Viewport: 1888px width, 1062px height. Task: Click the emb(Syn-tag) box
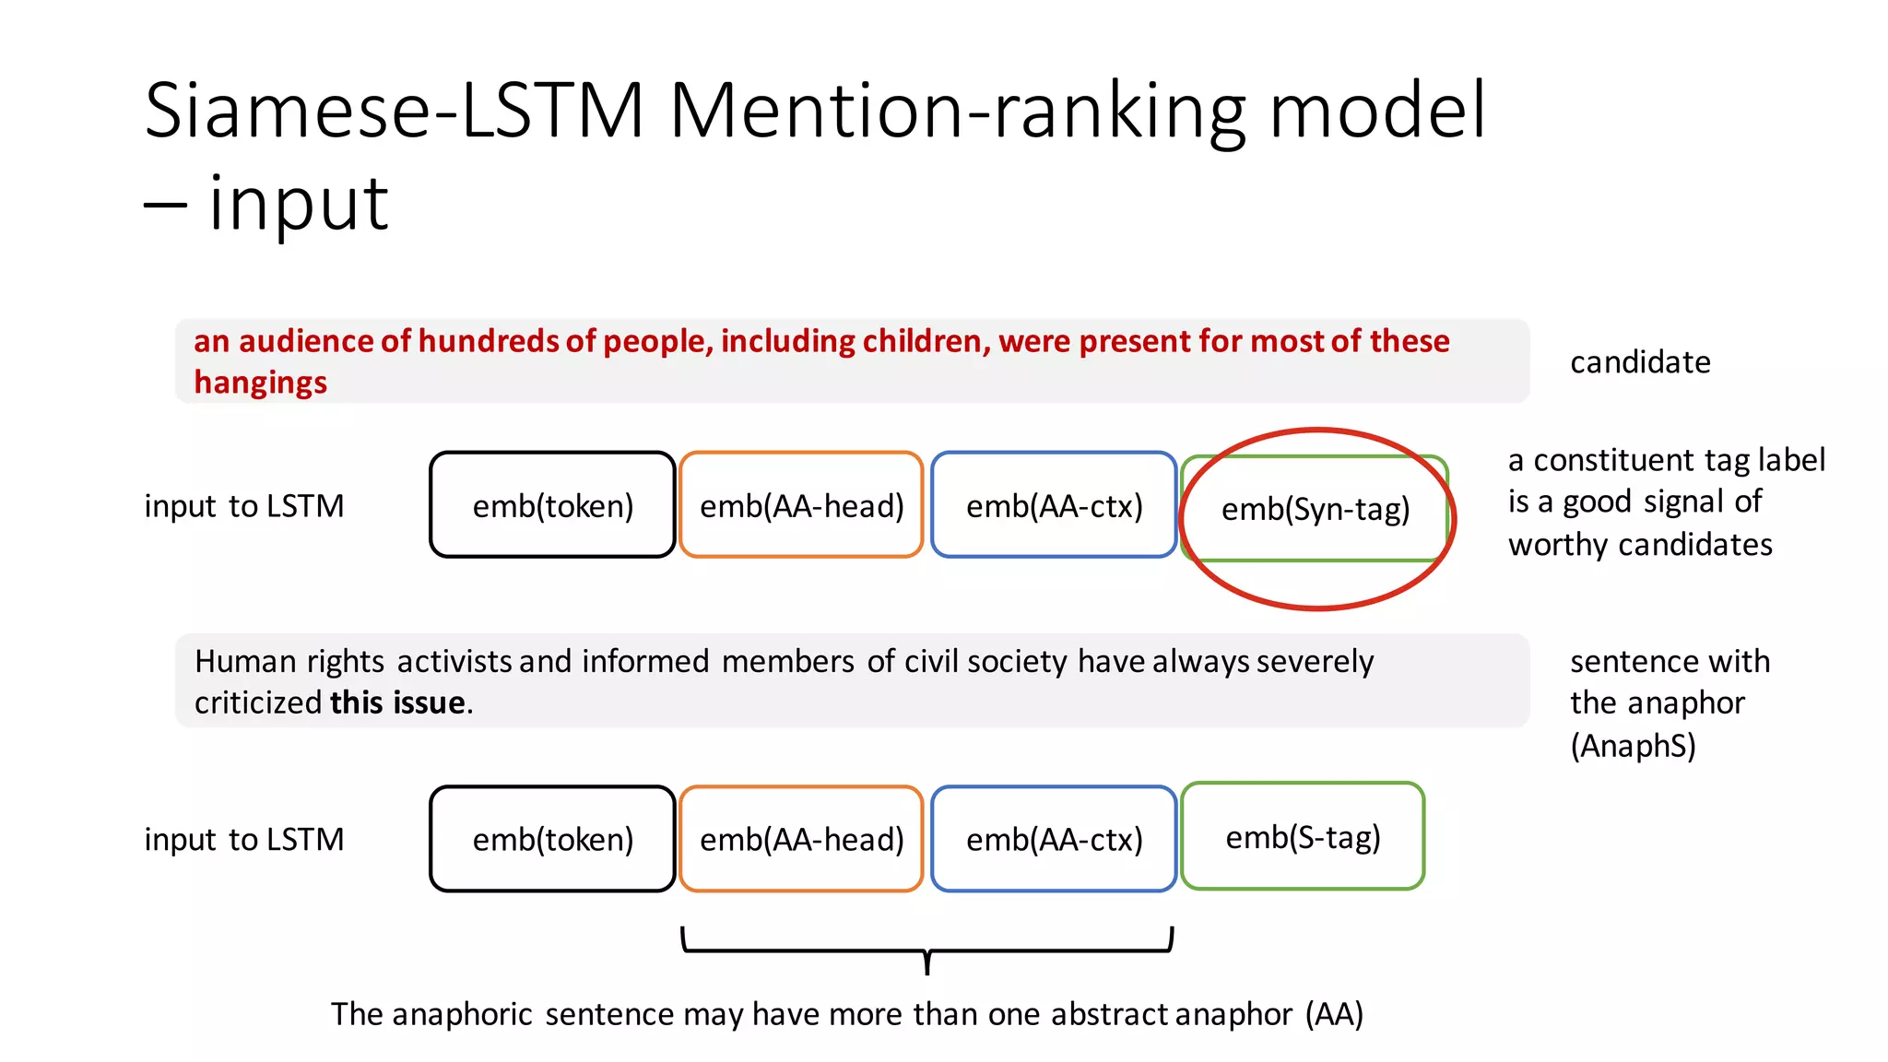[1315, 509]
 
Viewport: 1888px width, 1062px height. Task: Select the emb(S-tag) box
[1302, 837]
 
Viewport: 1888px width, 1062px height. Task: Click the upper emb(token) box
[552, 506]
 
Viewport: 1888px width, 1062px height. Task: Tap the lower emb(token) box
[552, 840]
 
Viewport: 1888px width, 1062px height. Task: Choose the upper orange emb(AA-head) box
[801, 506]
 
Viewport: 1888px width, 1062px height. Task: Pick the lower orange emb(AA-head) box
[801, 840]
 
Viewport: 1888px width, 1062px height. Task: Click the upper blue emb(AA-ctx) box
[1054, 506]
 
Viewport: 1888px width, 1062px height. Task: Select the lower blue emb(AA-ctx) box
[1054, 840]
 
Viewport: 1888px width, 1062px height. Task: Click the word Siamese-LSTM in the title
[394, 112]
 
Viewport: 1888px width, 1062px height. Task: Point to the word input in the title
[298, 204]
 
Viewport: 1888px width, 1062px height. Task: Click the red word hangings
[260, 383]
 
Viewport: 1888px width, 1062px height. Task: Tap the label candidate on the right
[1640, 362]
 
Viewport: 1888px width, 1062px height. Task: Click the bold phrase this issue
[397, 703]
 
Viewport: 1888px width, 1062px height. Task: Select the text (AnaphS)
[1633, 746]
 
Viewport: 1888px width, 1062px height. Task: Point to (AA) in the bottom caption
[1333, 1015]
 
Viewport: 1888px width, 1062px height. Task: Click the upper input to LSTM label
[244, 506]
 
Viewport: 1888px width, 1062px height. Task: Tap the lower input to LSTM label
[244, 840]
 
